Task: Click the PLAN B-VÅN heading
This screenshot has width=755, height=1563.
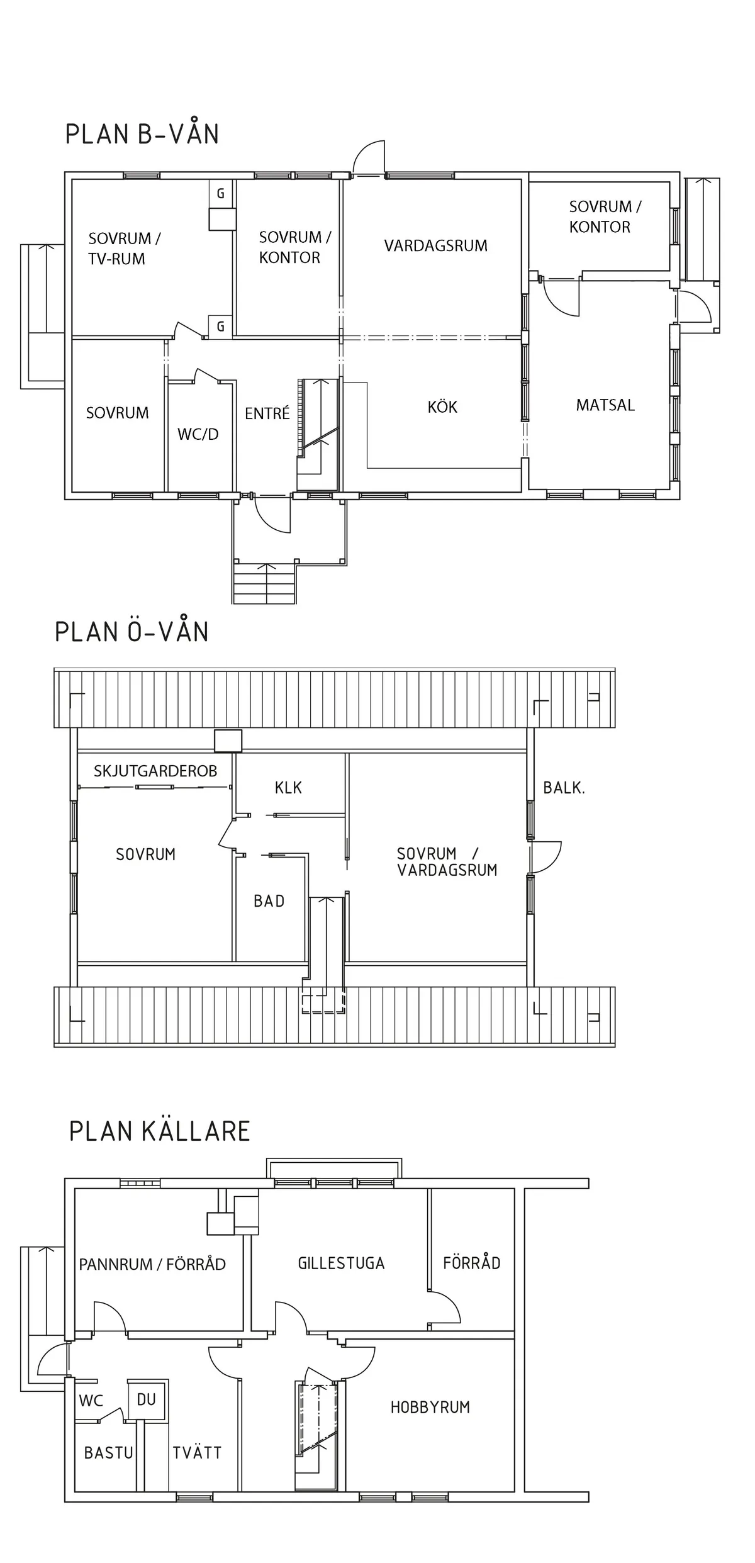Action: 142,134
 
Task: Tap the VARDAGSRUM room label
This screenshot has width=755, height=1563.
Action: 435,245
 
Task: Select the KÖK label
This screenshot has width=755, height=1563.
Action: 442,407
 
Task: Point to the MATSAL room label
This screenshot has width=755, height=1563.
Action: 605,405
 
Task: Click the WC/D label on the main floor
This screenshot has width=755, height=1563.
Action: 198,434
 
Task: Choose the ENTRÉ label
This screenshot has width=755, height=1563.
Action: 267,413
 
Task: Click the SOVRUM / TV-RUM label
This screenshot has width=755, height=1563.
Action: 124,249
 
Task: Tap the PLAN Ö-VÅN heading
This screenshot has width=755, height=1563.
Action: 131,632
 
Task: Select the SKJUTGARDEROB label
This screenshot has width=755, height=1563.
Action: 155,771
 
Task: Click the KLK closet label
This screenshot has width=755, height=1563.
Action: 288,788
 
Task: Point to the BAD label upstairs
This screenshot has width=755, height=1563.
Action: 269,901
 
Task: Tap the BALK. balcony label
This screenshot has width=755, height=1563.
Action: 564,788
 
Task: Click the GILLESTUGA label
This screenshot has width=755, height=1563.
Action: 341,1263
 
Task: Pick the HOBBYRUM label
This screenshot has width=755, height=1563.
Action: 430,1408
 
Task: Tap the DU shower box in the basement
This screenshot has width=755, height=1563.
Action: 147,1399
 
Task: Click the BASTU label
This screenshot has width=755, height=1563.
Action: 109,1453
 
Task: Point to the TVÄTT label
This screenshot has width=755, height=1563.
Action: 197,1453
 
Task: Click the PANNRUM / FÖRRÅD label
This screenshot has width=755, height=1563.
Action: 152,1264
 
